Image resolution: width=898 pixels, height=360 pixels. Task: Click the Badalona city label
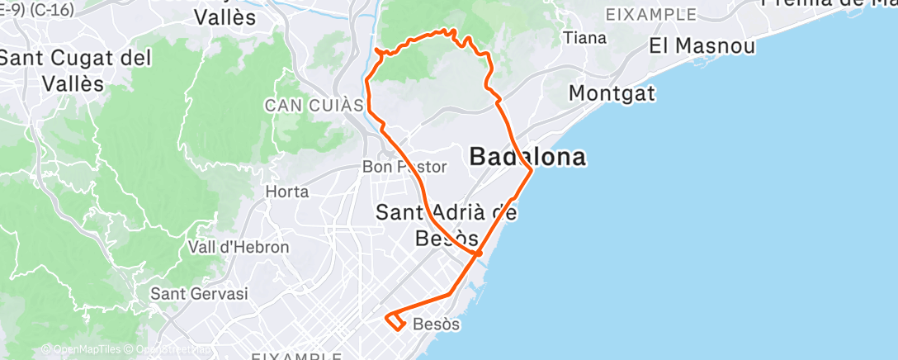click(x=528, y=157)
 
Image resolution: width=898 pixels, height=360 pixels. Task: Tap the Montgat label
click(x=612, y=93)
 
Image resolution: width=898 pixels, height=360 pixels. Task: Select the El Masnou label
click(x=702, y=46)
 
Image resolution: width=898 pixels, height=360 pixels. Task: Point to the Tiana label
click(x=584, y=38)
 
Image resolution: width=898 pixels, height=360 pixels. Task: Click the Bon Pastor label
click(x=404, y=167)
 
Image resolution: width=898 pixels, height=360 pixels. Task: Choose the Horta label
click(x=288, y=192)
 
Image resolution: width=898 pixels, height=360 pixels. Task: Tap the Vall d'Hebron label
click(x=239, y=247)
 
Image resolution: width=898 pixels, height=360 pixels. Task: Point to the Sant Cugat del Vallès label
click(x=76, y=71)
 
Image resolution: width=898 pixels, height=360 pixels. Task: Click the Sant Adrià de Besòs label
click(x=447, y=225)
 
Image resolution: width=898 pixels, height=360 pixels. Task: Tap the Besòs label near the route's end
click(x=435, y=324)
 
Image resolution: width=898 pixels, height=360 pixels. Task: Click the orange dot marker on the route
click(x=479, y=253)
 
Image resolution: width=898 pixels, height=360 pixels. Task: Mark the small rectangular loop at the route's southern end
click(x=395, y=320)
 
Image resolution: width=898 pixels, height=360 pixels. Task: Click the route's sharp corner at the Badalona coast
click(x=531, y=169)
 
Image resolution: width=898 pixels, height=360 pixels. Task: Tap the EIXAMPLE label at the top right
click(x=651, y=15)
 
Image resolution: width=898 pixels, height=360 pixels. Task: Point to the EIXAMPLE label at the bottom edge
click(x=296, y=357)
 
